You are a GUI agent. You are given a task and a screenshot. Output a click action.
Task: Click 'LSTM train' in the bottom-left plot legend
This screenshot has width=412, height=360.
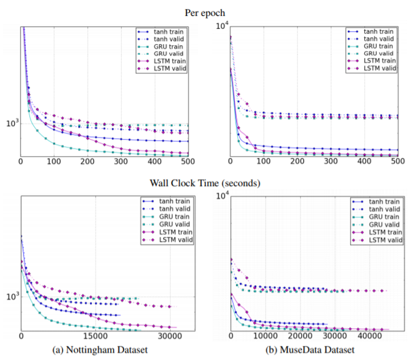coord(171,232)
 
